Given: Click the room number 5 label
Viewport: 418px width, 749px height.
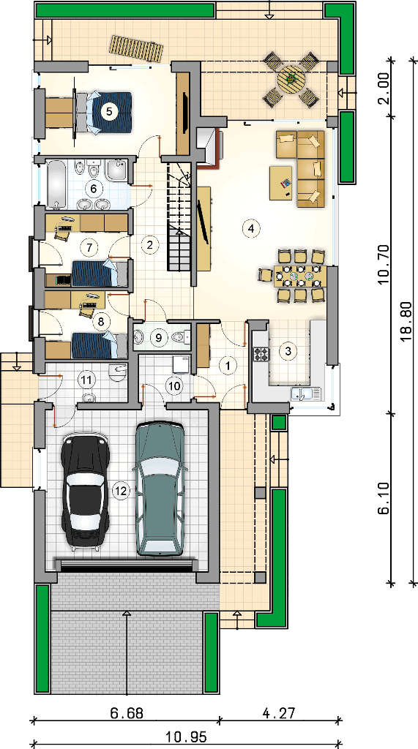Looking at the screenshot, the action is (x=109, y=112).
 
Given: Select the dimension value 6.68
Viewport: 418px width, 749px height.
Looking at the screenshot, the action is (x=126, y=713).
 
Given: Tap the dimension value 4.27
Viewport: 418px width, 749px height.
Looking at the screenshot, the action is (x=279, y=713).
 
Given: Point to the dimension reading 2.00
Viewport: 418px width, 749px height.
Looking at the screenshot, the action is (x=383, y=89).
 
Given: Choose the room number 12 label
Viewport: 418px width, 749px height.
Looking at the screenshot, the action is (x=122, y=490).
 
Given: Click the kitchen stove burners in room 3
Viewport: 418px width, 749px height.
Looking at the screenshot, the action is (x=261, y=354).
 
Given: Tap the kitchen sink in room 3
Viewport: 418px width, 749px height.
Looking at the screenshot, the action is (x=306, y=394).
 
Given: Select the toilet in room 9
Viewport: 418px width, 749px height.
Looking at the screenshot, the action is (x=179, y=337).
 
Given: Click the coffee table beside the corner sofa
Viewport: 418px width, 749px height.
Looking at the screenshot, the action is (x=281, y=182).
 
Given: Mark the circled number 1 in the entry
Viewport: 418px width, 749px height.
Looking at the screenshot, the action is (x=228, y=366).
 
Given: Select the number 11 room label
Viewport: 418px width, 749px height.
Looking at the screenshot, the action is (x=87, y=380).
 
